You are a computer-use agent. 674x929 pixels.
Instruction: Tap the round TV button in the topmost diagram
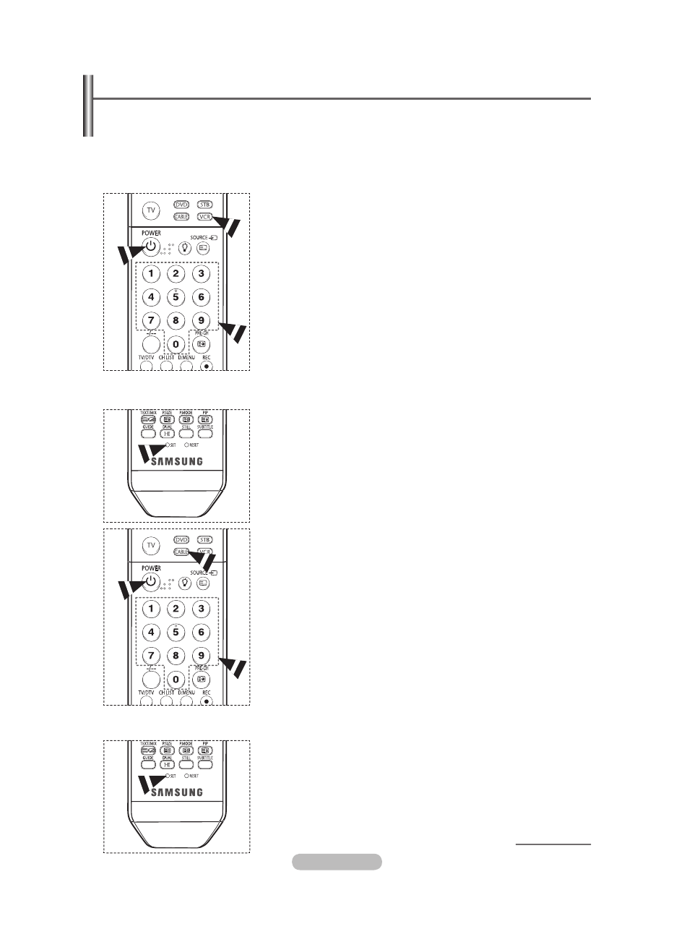point(151,211)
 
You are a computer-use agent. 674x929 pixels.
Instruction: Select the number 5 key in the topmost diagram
point(175,296)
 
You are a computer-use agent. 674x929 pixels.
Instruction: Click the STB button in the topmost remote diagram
point(207,205)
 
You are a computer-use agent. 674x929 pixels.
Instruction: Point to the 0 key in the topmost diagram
point(175,345)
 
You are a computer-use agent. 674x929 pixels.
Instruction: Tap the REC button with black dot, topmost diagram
point(207,365)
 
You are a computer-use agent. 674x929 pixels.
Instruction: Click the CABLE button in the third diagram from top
point(181,552)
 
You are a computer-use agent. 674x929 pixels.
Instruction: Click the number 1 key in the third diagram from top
point(150,608)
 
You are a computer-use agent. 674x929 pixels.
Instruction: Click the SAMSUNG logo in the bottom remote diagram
point(176,792)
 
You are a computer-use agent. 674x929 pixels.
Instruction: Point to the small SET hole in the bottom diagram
point(167,775)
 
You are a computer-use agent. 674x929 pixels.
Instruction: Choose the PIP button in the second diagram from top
point(205,419)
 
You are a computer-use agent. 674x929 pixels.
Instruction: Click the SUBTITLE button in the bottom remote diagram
point(205,763)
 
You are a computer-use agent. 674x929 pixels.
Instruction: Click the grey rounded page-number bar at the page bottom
point(337,861)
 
